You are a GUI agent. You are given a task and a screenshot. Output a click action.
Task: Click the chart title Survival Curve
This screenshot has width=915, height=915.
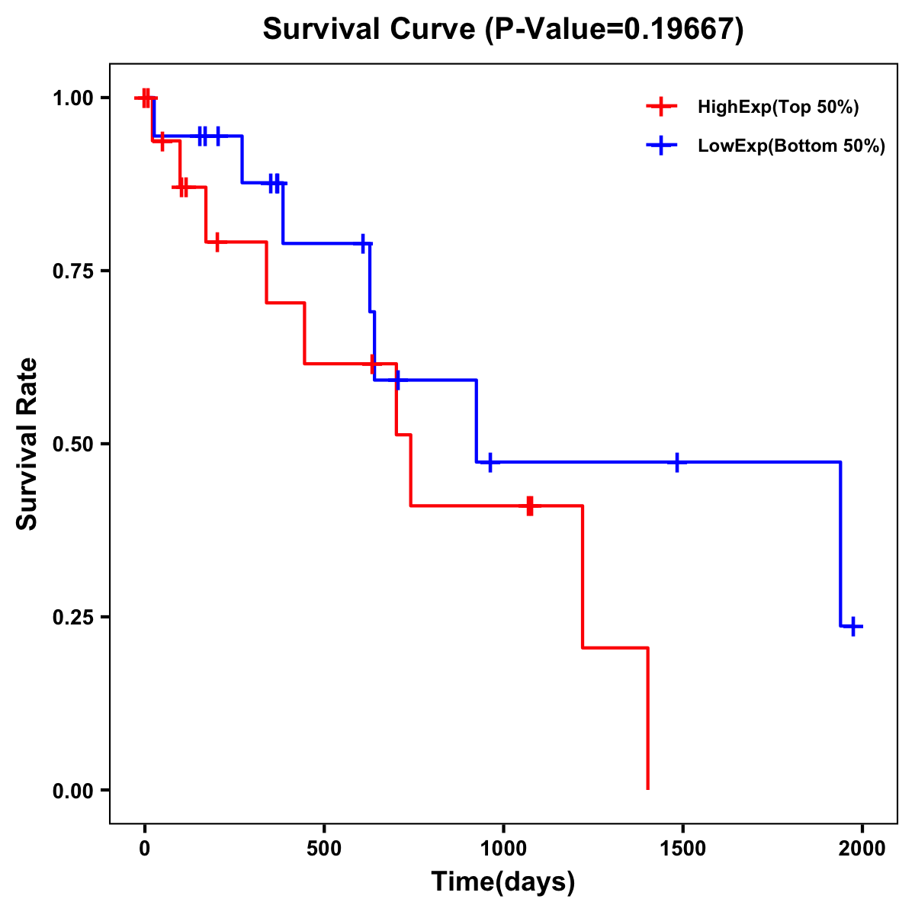point(371,30)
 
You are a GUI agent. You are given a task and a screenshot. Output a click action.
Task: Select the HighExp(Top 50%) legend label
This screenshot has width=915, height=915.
point(778,108)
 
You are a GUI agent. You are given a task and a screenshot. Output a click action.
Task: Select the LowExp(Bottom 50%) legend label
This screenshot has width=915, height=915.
point(791,146)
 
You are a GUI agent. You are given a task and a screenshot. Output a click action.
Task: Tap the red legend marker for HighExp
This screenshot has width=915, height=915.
point(661,107)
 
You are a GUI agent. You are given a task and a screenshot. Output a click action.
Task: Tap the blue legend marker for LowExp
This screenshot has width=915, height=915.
point(661,146)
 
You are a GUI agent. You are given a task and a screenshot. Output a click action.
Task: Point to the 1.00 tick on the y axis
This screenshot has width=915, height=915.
point(74,98)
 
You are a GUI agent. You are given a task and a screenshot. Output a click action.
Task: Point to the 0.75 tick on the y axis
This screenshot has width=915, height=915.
point(74,271)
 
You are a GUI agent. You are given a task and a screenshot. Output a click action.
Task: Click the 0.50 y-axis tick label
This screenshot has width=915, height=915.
point(74,445)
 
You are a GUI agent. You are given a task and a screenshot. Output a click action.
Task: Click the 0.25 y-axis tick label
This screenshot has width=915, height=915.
point(74,618)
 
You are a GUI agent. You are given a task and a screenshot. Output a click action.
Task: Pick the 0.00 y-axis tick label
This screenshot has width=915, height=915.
point(74,791)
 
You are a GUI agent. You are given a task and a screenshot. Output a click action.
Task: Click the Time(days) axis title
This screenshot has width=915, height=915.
point(503,882)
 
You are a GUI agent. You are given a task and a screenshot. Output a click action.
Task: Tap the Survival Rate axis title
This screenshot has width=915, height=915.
point(27,444)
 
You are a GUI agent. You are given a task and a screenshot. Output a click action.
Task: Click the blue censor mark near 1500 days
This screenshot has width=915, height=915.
point(676,462)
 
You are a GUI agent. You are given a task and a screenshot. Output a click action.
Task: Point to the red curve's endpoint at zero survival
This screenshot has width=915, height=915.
point(647,788)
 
